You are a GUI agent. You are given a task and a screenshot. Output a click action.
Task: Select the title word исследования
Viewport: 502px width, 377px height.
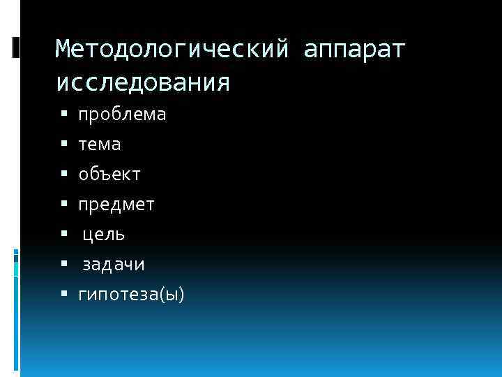point(142,82)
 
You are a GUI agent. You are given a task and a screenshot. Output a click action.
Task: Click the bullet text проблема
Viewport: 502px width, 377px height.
point(122,114)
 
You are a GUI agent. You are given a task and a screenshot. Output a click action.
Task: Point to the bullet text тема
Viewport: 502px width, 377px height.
point(99,145)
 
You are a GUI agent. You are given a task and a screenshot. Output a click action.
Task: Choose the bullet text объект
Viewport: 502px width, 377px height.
point(109,175)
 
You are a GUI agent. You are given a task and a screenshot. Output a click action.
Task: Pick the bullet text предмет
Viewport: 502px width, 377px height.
point(116,205)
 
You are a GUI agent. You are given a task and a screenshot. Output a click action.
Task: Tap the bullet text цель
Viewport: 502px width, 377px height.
point(104,235)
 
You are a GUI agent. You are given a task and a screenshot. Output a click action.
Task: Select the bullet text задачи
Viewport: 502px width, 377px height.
point(114,265)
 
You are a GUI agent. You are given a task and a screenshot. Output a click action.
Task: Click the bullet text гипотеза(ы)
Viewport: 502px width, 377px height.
point(131,295)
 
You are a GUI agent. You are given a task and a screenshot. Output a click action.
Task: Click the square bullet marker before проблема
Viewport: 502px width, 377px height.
point(63,114)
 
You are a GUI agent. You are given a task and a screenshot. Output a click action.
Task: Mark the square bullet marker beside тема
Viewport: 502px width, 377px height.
point(63,144)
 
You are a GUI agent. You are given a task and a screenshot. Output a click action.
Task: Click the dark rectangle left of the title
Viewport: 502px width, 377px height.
point(16,47)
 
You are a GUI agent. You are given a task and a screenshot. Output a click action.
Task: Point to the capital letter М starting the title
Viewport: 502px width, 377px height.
point(63,50)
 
